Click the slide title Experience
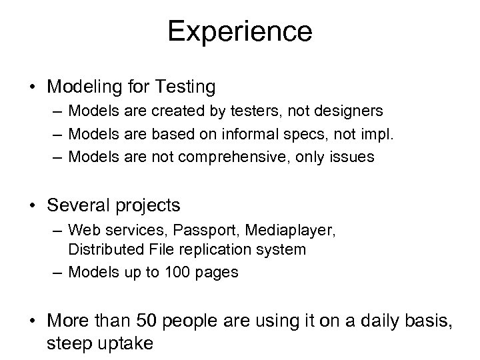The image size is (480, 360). pyautogui.click(x=239, y=31)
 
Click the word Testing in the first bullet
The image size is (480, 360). pyautogui.click(x=189, y=87)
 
